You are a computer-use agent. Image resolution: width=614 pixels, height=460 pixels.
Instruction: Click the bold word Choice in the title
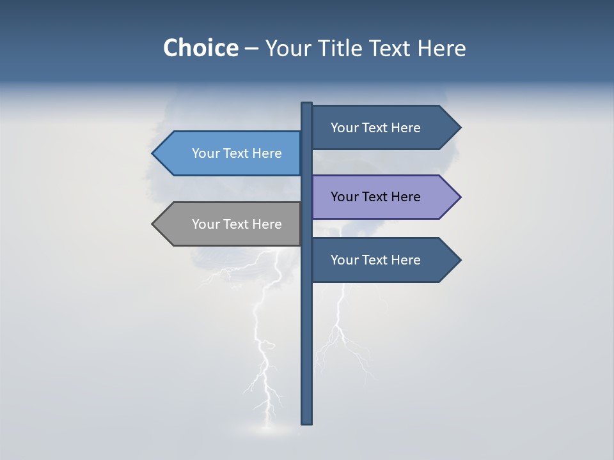coord(200,48)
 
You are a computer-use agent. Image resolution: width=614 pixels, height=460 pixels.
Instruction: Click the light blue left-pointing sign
coord(230,153)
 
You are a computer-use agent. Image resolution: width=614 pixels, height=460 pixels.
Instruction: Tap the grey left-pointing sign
coord(230,224)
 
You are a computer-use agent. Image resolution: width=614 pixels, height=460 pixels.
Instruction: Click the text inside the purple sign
coord(375,197)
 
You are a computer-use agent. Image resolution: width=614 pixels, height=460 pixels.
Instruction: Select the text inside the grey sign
coord(237,224)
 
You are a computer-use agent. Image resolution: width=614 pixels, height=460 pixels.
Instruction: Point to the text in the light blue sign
coord(237,153)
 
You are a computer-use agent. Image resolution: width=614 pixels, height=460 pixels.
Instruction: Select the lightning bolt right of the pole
coord(342,332)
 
